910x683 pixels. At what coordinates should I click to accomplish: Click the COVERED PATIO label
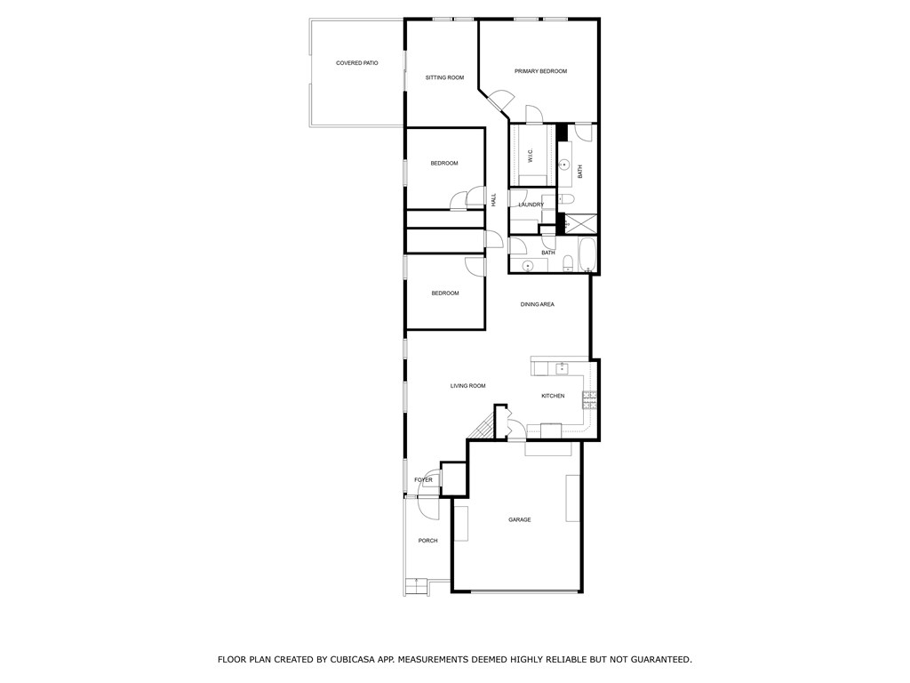point(357,63)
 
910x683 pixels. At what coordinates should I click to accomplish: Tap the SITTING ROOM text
point(444,77)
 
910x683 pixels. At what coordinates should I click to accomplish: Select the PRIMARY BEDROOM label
point(541,71)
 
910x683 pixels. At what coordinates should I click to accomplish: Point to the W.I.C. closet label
point(530,155)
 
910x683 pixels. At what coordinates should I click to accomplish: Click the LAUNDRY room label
point(531,205)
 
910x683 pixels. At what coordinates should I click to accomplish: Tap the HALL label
point(494,200)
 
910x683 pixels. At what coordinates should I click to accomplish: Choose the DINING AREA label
point(537,304)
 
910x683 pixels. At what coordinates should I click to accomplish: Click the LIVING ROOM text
point(467,386)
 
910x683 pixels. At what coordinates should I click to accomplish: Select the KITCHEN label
point(553,396)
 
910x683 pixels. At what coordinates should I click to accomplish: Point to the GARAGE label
point(519,519)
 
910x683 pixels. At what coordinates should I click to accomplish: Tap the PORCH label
point(427,540)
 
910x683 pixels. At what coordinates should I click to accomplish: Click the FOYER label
point(423,479)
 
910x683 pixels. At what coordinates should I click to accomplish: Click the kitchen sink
point(562,367)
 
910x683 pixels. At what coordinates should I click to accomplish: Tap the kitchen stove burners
point(590,400)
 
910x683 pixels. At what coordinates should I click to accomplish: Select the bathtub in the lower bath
point(588,255)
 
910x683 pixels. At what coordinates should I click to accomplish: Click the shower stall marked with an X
point(578,223)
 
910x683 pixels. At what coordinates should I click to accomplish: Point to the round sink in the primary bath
point(563,165)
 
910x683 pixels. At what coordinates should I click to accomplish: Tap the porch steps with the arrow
point(417,587)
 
